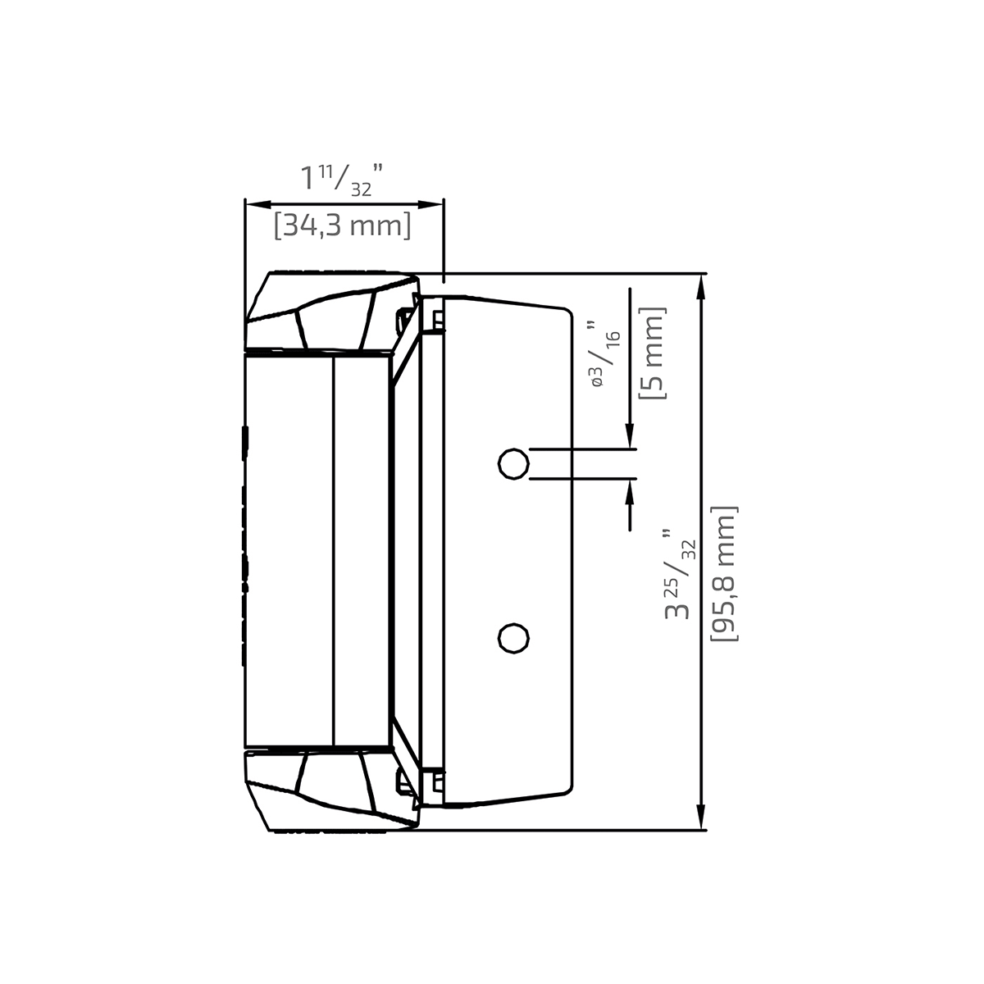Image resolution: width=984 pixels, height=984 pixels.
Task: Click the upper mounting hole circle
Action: coord(513,464)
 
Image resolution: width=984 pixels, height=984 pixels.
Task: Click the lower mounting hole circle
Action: coord(513,638)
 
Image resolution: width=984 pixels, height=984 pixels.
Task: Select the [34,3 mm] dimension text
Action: coord(343,225)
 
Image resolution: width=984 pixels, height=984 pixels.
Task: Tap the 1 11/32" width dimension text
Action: coord(342,179)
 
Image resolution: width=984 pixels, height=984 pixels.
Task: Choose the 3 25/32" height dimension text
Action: coord(680,574)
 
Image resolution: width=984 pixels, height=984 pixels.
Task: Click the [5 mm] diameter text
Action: coord(654,353)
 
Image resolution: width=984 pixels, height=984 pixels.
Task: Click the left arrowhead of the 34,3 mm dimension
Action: coord(253,204)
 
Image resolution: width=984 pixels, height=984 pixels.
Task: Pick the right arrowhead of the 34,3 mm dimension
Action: coord(435,204)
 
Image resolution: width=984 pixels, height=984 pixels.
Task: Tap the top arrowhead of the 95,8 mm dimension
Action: coord(701,283)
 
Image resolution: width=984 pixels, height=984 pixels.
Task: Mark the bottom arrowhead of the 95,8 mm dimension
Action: coord(701,820)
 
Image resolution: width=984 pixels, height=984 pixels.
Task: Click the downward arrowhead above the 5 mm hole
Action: coord(630,440)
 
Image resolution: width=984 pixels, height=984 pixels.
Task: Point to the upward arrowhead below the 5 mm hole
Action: coord(630,488)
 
